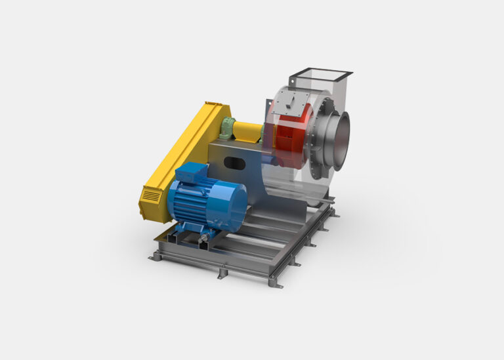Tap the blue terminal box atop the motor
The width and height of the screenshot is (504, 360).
[x=190, y=172]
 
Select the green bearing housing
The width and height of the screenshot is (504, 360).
[x=228, y=127]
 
